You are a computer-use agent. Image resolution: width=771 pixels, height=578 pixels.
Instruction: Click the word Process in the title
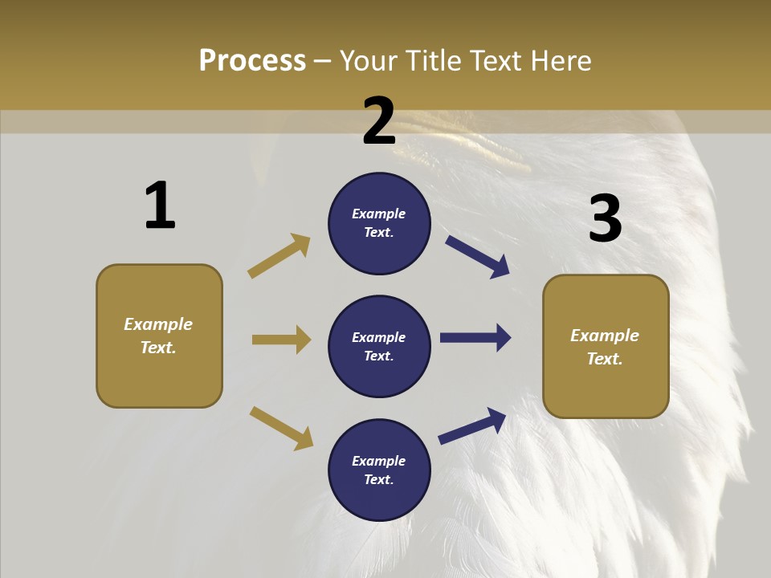[252, 61]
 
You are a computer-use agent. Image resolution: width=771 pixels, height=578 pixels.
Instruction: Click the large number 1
[160, 206]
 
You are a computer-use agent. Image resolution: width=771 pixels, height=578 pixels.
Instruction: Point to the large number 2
[379, 121]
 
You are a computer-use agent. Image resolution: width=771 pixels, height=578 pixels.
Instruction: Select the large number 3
[605, 218]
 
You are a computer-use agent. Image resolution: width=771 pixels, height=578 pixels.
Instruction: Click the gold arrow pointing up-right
[279, 256]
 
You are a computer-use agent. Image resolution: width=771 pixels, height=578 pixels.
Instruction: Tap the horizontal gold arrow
[281, 340]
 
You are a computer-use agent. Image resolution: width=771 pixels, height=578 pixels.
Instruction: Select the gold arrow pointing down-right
[281, 428]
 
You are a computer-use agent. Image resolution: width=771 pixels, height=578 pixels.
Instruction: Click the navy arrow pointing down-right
[477, 257]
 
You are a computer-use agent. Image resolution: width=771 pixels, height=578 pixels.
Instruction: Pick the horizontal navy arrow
[475, 338]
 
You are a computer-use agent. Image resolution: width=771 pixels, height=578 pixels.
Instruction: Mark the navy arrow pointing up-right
[472, 425]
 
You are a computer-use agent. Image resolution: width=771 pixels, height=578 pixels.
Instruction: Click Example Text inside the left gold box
[158, 336]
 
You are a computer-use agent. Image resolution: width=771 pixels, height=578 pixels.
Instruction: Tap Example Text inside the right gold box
[605, 347]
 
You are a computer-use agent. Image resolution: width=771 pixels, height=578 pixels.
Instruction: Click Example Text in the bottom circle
[378, 470]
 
